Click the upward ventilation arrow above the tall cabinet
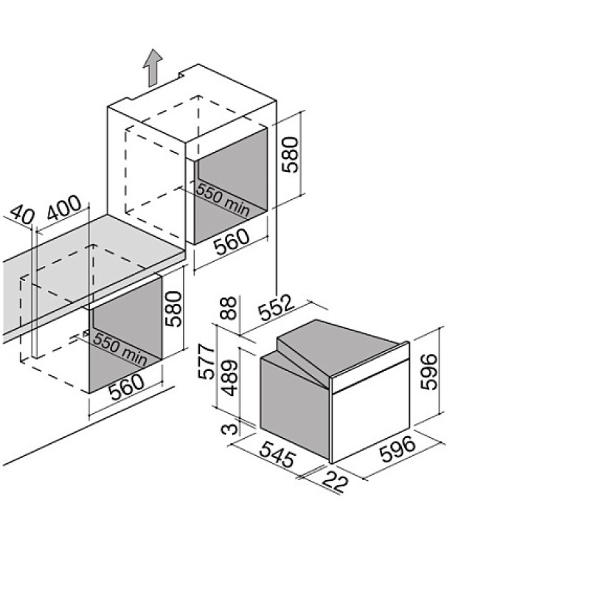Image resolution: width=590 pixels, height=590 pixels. coord(153,68)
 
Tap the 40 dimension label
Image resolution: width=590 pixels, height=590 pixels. coord(21,215)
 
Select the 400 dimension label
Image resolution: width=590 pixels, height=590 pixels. coord(64,207)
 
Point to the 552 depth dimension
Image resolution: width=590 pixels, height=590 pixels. coord(276,308)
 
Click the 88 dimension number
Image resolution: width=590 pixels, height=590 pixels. coord(229,308)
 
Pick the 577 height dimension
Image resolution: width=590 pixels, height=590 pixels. coord(206,361)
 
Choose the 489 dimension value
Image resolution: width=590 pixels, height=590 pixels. coord(229,378)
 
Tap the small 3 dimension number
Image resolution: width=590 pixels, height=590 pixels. coord(229,428)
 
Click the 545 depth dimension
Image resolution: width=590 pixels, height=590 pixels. coord(278,454)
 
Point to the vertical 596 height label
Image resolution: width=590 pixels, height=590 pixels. coord(429,372)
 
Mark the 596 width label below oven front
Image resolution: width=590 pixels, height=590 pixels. coord(398,448)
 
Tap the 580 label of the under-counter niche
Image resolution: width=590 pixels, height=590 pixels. coord(173,308)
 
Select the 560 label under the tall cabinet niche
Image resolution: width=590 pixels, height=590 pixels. coord(232,241)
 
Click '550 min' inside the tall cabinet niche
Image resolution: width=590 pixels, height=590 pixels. coord(223,200)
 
